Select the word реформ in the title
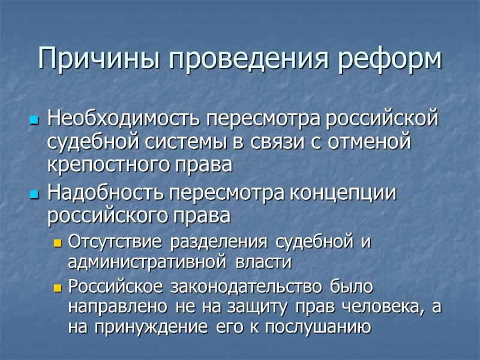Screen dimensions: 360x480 pos(393,59)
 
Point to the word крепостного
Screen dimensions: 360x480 pos(104,164)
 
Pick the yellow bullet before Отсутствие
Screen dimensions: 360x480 pos(58,244)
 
